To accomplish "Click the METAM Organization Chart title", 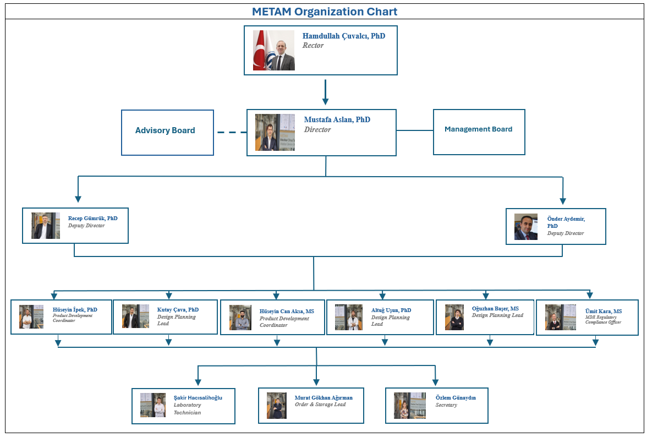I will coord(324,12).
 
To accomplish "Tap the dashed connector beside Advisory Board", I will coord(232,132).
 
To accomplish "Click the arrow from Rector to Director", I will coord(325,92).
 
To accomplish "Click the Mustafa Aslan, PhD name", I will coord(337,119).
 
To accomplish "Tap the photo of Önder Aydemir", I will coord(526,227).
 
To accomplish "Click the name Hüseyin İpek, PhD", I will coord(75,309).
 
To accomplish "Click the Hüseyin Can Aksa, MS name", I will coord(287,312).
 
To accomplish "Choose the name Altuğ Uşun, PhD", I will coord(391,310).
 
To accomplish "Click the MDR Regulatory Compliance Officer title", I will coord(603,320).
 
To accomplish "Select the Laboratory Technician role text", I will coord(187,409).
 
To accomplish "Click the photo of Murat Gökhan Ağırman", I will coord(277,406).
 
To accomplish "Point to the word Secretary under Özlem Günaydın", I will coord(446,405).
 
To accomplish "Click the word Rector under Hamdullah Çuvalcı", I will coord(313,46).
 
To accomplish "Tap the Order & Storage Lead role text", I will coord(320,405).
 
